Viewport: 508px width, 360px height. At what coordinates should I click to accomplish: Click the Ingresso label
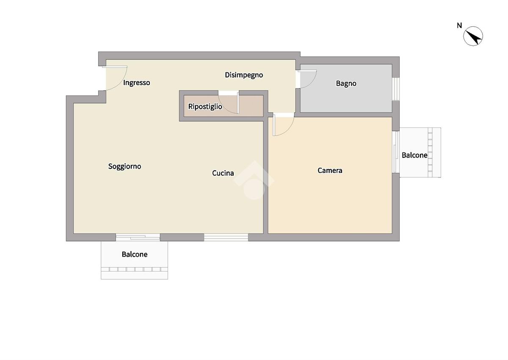136,83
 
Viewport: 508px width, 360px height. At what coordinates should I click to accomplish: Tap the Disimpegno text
244,75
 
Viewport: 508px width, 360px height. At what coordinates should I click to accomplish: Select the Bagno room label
346,84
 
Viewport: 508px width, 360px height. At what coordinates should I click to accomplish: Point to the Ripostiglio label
205,107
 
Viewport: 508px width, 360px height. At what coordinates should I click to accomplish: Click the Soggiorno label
124,166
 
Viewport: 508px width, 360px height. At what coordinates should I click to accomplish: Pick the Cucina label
223,173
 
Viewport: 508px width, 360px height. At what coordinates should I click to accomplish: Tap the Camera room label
330,170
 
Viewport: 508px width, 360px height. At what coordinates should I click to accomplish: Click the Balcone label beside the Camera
414,155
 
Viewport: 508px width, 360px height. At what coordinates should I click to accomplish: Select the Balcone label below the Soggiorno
135,254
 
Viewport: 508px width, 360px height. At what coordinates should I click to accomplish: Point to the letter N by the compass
459,26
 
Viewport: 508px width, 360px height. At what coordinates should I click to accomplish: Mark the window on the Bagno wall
396,89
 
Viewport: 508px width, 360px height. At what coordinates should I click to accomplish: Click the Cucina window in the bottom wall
226,237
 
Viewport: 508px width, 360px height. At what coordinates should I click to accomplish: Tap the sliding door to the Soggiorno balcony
138,237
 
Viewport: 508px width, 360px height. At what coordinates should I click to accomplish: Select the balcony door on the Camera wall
396,152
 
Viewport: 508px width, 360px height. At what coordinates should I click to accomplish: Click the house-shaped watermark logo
254,180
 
